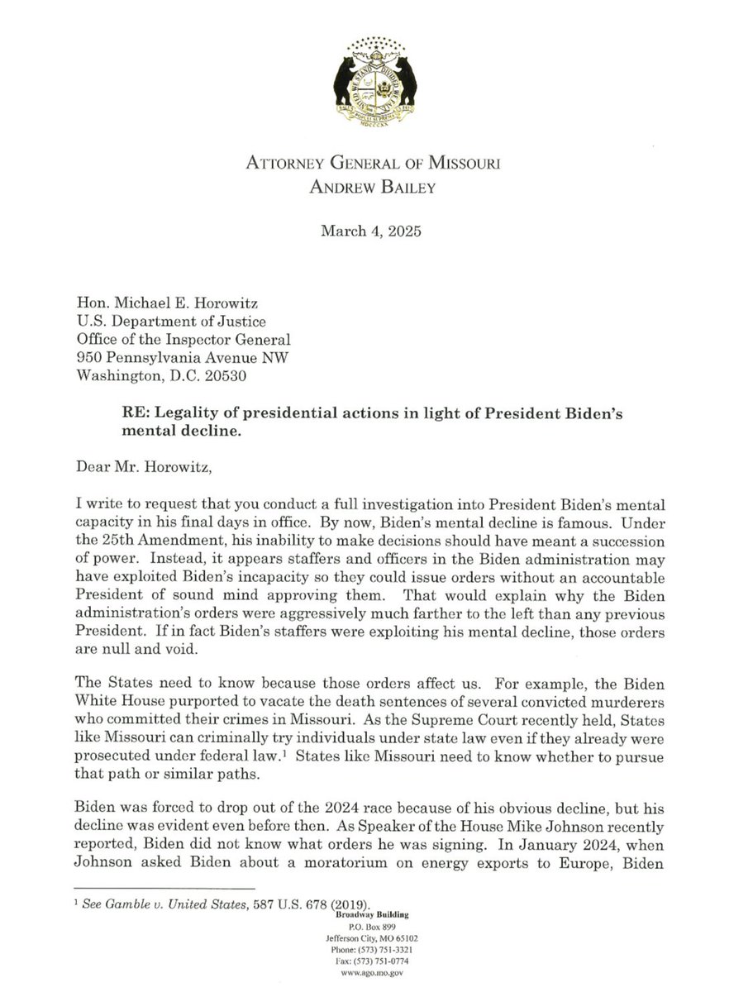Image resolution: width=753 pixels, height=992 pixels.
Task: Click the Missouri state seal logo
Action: click(x=376, y=75)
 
